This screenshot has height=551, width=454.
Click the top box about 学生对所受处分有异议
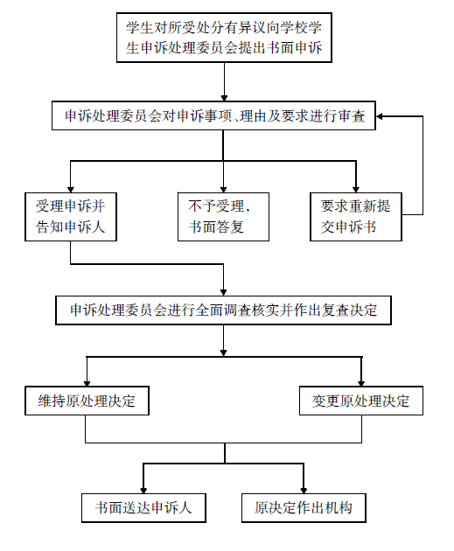(224, 38)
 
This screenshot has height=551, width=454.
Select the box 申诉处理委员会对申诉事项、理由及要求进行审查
(213, 115)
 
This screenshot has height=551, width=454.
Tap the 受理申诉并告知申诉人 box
(71, 217)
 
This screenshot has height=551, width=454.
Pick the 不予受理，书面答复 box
(223, 217)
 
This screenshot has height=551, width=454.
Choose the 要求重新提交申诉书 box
(356, 217)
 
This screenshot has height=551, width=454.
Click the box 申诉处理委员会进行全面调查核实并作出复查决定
(223, 310)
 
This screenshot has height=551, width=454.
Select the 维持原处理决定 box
(87, 401)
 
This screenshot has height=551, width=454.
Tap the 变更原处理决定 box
(361, 401)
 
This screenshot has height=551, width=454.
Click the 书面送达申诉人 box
(143, 508)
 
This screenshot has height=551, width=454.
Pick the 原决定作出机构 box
(304, 508)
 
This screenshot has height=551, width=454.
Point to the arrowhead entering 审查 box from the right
(380, 116)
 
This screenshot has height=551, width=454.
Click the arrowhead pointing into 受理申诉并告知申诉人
(71, 189)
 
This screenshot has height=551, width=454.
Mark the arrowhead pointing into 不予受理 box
(223, 189)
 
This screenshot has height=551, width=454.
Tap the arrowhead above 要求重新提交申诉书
(356, 189)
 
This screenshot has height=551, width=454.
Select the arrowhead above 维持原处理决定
(87, 383)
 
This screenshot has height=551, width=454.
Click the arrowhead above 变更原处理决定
(361, 383)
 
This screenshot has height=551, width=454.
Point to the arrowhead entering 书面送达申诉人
(143, 490)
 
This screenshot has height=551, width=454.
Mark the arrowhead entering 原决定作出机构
(304, 490)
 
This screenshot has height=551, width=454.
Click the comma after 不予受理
(248, 210)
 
